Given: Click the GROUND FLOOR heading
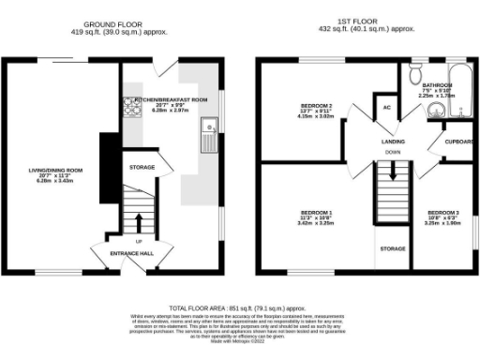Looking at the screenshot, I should [x=112, y=22].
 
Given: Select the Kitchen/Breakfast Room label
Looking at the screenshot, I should [x=171, y=97].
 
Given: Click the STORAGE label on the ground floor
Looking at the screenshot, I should [x=142, y=168].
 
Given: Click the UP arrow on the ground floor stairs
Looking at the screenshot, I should [x=139, y=223].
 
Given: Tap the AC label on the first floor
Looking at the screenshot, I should [x=386, y=108].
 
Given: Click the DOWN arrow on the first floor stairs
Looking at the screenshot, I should [x=393, y=171].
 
